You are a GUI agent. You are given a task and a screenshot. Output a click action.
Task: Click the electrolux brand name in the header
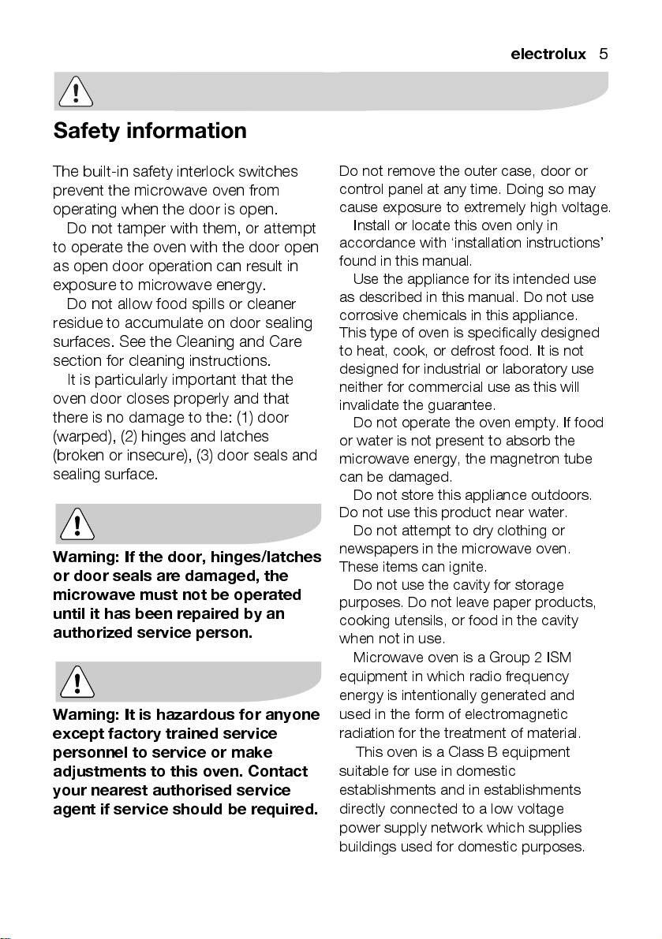[548, 54]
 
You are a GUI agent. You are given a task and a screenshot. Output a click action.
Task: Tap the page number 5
[603, 54]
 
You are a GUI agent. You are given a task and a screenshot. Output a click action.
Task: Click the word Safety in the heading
[87, 130]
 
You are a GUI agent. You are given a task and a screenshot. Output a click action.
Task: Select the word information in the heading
[186, 130]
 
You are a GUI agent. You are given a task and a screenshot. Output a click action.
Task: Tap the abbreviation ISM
[558, 657]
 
